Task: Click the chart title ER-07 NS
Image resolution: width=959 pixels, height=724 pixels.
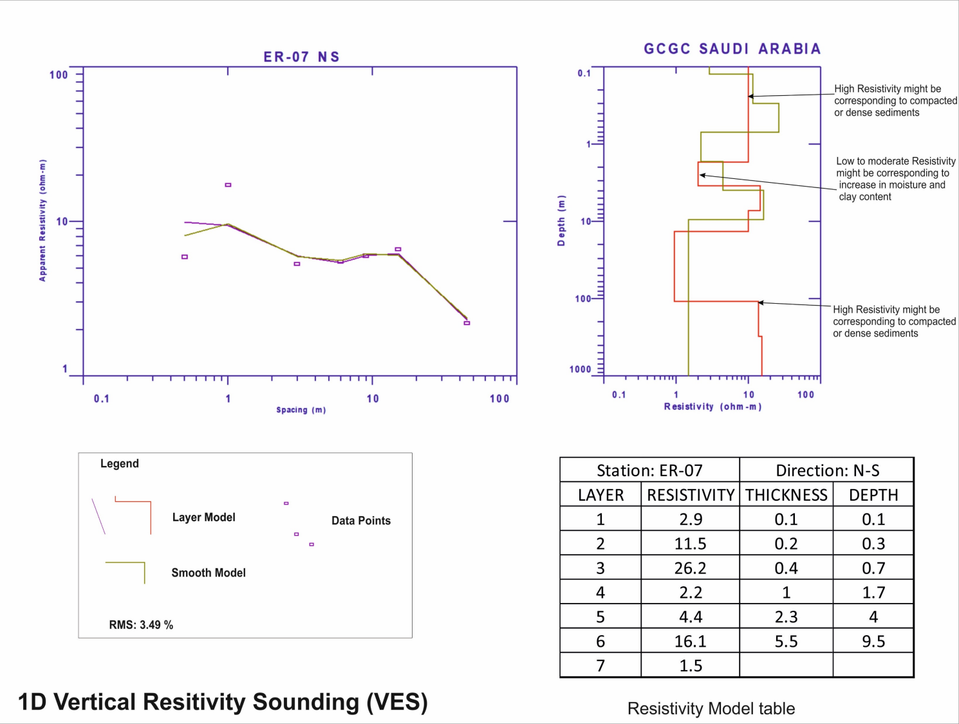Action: (x=301, y=57)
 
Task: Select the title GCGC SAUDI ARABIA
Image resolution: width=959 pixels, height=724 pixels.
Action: (x=732, y=49)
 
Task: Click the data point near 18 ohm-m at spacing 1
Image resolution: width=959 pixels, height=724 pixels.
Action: (x=228, y=185)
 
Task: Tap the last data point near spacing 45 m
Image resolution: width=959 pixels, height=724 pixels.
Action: (x=467, y=322)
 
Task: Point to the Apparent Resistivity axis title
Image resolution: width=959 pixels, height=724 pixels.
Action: (x=42, y=220)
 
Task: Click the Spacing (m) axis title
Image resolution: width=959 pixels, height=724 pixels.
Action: (x=301, y=410)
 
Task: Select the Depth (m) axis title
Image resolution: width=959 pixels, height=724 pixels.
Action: (x=561, y=220)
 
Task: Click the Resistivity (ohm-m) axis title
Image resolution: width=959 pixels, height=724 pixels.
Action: (x=712, y=407)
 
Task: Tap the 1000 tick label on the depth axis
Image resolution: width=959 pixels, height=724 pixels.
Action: (x=580, y=369)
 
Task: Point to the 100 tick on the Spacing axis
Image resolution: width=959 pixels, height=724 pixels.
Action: (x=499, y=399)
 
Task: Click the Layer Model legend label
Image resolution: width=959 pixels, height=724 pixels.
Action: (x=203, y=517)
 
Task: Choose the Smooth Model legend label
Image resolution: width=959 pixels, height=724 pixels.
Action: (x=209, y=573)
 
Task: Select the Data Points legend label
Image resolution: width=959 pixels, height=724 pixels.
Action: (x=360, y=521)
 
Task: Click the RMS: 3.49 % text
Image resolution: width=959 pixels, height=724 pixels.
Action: (x=141, y=625)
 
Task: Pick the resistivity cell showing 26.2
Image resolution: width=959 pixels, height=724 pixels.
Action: (x=690, y=568)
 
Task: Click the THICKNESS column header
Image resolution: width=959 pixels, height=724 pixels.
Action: (x=786, y=495)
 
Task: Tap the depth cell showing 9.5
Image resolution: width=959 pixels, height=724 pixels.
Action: (x=873, y=642)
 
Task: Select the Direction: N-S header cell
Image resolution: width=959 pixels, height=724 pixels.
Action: (x=827, y=470)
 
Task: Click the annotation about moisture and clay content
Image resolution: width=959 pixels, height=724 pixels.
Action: (x=895, y=179)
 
